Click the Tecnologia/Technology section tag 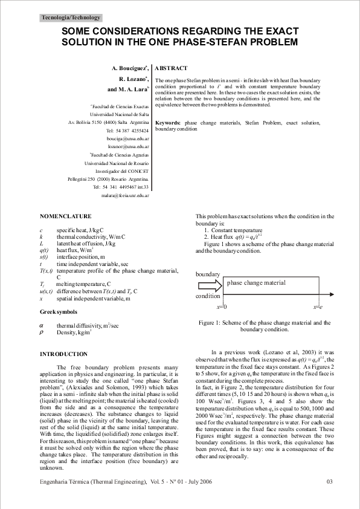pyautogui.click(x=71, y=18)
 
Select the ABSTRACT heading pyautogui.click(x=171, y=68)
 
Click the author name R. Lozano pyautogui.click(x=132, y=79)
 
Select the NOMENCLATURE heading pyautogui.click(x=65, y=216)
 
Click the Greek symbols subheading pyautogui.click(x=58, y=312)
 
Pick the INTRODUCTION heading pyautogui.click(x=63, y=354)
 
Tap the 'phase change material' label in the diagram pyautogui.click(x=256, y=282)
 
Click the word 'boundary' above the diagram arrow pyautogui.click(x=208, y=274)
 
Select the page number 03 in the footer pyautogui.click(x=329, y=481)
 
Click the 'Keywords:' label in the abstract pyautogui.click(x=168, y=123)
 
